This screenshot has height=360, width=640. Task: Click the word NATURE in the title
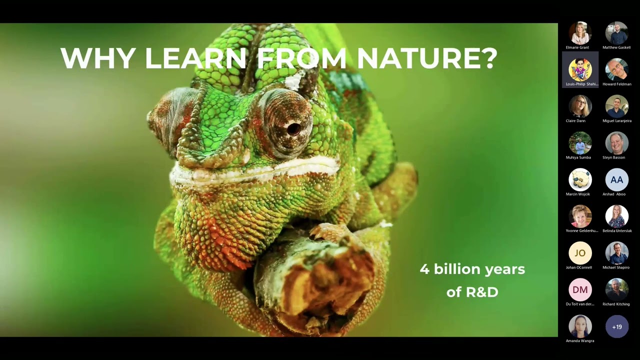pyautogui.click(x=426, y=58)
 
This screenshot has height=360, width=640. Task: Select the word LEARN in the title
pyautogui.click(x=195, y=58)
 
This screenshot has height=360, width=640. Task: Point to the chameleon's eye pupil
pyautogui.click(x=293, y=128)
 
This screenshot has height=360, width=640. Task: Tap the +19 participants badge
pyautogui.click(x=616, y=327)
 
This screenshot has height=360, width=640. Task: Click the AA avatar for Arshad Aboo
pyautogui.click(x=616, y=180)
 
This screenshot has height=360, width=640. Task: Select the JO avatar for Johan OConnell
pyautogui.click(x=580, y=253)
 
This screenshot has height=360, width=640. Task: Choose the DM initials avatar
pyautogui.click(x=580, y=290)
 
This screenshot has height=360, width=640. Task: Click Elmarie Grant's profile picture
pyautogui.click(x=580, y=33)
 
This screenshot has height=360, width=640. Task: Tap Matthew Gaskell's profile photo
pyautogui.click(x=616, y=33)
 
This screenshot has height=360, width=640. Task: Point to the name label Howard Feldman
pyautogui.click(x=616, y=84)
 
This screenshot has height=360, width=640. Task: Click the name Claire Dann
pyautogui.click(x=575, y=120)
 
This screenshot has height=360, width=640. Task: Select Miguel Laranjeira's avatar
pyautogui.click(x=616, y=106)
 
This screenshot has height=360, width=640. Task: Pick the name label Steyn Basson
pyautogui.click(x=613, y=157)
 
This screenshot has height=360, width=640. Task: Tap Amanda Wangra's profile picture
pyautogui.click(x=580, y=326)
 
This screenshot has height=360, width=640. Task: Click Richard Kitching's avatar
pyautogui.click(x=616, y=290)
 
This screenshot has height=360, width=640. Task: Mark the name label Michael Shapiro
pyautogui.click(x=616, y=267)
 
